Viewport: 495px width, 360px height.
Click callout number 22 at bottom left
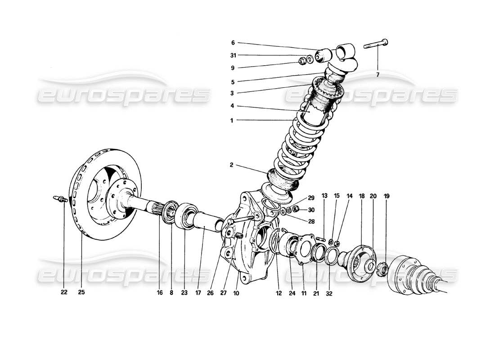tap(64, 292)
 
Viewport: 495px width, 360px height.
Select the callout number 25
tap(81, 292)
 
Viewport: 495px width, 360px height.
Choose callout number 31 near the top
tap(233, 55)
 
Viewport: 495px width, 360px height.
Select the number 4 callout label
tap(233, 106)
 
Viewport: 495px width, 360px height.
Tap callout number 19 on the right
tap(387, 196)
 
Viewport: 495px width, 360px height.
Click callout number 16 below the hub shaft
tap(159, 292)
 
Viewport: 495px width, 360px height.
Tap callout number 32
tap(329, 292)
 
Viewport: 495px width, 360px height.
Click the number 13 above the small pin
tap(324, 196)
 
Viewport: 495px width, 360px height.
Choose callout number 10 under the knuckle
tap(237, 292)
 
